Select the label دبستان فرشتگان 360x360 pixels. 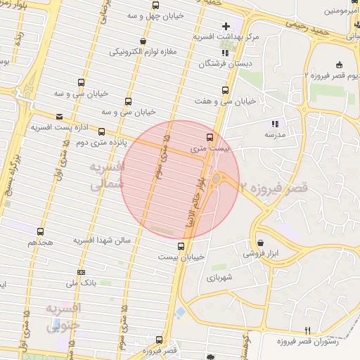click(205, 63)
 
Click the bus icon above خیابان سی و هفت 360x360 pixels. click(225, 90)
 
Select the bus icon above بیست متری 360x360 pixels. click(210, 137)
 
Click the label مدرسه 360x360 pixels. click(274, 134)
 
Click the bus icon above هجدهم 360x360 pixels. click(40, 231)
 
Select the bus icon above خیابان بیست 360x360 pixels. click(181, 246)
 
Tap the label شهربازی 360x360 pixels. click(219, 278)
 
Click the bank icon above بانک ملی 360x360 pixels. click(82, 272)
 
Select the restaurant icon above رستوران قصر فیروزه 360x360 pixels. click(307, 330)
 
